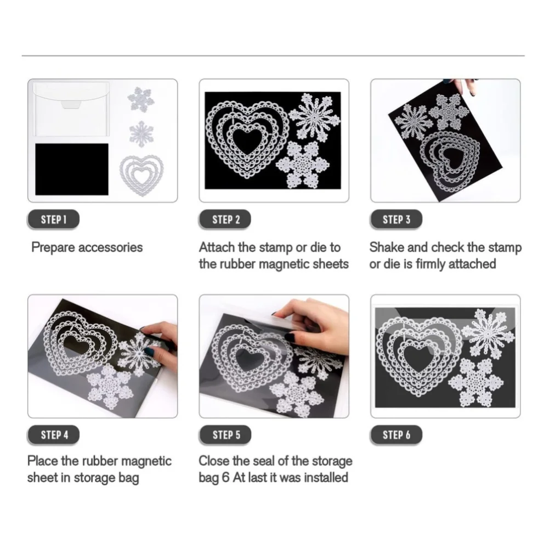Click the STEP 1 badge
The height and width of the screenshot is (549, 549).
54,219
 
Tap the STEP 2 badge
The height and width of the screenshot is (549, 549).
225,219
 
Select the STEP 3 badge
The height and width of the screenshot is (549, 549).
397,219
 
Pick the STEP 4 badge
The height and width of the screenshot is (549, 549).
54,435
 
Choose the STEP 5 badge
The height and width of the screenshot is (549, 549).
225,435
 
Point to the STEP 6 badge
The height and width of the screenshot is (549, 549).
397,435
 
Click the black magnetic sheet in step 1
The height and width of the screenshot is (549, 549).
72,169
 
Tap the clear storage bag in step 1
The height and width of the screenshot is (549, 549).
71,109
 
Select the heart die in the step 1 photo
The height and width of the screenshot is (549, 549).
142,175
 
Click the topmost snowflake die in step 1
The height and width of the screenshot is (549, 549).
141,100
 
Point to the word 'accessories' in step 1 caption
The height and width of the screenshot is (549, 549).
110,247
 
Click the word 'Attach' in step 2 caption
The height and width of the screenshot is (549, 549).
217,247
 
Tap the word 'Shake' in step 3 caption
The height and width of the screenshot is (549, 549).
387,247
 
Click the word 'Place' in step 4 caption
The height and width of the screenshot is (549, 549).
43,461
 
